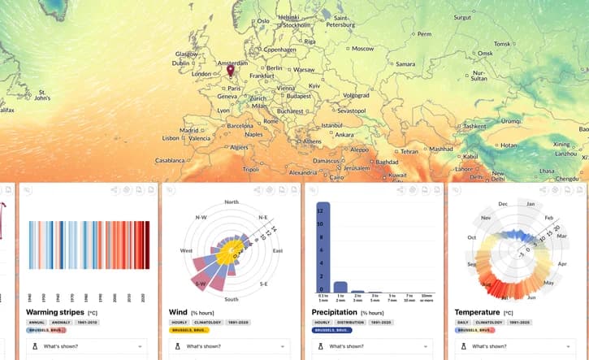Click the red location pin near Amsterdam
click(x=230, y=71)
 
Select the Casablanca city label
click(x=171, y=160)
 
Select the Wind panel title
click(x=177, y=312)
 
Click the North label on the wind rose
click(x=232, y=202)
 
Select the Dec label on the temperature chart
click(x=503, y=203)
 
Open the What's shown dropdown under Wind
click(x=227, y=347)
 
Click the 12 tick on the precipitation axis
click(x=310, y=210)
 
